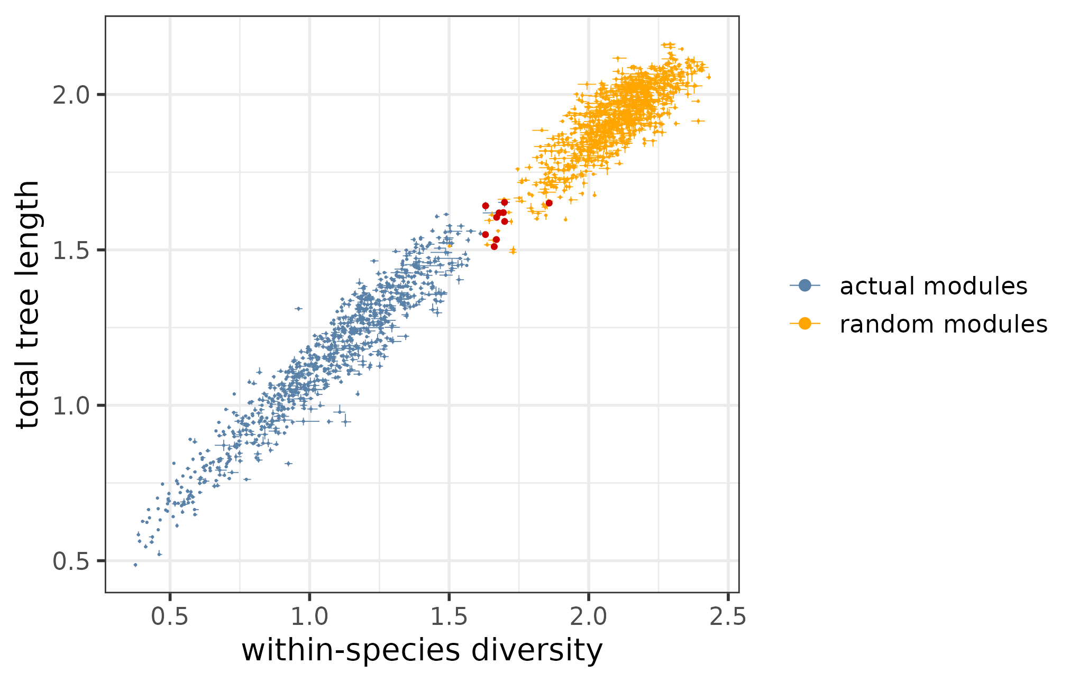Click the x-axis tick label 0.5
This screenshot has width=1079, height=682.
coord(169,617)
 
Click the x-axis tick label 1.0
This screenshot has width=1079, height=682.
coord(309,617)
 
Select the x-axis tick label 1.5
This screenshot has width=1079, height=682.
coord(449,617)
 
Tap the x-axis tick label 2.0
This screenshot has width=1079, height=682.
coord(588,617)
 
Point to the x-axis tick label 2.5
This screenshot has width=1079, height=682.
coord(728,617)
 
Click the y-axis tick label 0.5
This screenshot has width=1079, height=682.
coord(71,561)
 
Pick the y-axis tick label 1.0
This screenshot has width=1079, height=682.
coord(71,406)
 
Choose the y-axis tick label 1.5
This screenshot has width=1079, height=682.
coord(71,251)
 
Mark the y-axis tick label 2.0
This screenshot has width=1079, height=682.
coord(71,96)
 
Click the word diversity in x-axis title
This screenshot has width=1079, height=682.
coord(537,650)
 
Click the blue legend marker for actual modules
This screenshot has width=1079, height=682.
coord(804,285)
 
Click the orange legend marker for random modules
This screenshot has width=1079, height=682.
coord(804,324)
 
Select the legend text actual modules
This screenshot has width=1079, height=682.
coord(933,286)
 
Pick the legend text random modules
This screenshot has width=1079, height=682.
coord(943,324)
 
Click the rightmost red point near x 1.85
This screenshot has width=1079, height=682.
coord(549,203)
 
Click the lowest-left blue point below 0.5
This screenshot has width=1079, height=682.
coord(135,565)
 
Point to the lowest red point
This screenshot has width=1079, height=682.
coord(494,246)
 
